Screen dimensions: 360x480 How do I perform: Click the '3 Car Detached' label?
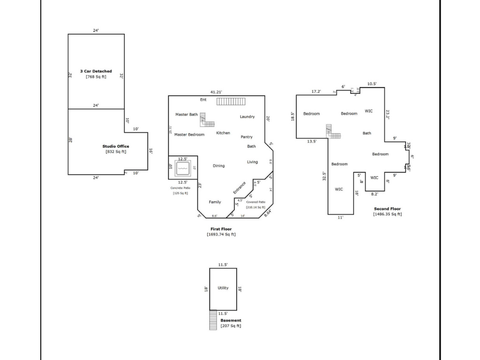coord(96,71)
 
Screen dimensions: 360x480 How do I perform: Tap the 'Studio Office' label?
coord(115,146)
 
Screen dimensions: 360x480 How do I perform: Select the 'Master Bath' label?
coord(187,114)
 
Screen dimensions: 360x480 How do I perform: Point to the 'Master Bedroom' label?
coord(189,135)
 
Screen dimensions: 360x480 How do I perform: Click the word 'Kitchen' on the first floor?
coord(223,133)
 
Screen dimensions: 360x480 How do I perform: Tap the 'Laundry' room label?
coord(247,117)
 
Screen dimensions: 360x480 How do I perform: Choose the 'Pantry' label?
coord(247,137)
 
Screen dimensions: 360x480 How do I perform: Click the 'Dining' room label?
coord(218,165)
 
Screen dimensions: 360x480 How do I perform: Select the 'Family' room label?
coord(215,202)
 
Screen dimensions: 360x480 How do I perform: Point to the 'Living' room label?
coord(252,162)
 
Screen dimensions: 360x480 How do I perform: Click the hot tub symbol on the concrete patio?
coord(182,167)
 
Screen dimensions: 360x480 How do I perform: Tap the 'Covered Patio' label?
coord(255,202)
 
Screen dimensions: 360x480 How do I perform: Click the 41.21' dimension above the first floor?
coord(216,92)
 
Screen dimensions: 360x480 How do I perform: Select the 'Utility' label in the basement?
coord(223,288)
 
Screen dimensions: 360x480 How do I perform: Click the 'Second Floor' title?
coord(387,209)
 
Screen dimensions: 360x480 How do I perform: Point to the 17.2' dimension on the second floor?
coord(317,91)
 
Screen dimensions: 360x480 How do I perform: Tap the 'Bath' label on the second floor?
coord(367,133)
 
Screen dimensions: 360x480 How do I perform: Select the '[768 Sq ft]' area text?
coord(96,76)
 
